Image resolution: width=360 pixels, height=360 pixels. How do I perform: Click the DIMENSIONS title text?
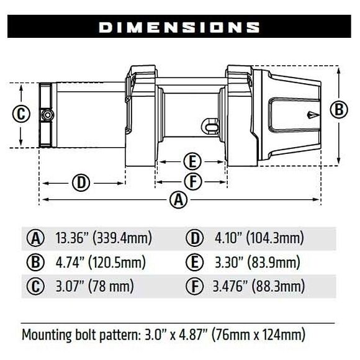pyautogui.click(x=179, y=27)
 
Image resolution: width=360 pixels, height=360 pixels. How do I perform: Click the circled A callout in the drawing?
pyautogui.click(x=179, y=200)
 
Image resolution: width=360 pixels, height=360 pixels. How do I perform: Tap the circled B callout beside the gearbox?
pyautogui.click(x=339, y=109)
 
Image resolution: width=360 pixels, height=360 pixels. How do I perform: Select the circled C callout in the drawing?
pyautogui.click(x=21, y=114)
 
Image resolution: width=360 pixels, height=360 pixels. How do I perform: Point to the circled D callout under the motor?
pyautogui.click(x=81, y=182)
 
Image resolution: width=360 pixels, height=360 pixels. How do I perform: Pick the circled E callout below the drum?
pyautogui.click(x=192, y=161)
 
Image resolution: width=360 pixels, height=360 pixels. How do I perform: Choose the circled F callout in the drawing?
pyautogui.click(x=193, y=182)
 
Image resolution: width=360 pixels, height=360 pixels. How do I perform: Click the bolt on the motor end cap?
pyautogui.click(x=48, y=115)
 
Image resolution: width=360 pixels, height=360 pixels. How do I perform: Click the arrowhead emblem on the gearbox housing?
pyautogui.click(x=313, y=115)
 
